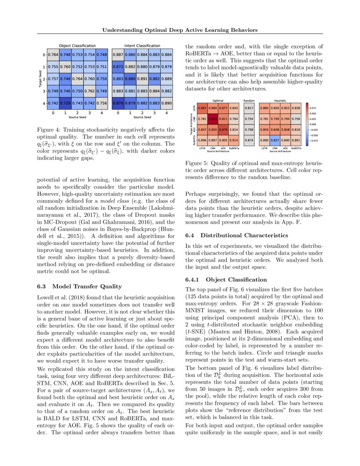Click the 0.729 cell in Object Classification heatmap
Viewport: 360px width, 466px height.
click(x=65, y=104)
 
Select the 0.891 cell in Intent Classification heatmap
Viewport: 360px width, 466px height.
click(x=142, y=79)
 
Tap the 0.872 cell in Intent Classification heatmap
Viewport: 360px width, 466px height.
click(x=118, y=67)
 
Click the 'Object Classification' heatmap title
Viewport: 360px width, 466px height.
click(x=77, y=46)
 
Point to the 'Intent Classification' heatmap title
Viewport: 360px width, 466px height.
click(x=142, y=46)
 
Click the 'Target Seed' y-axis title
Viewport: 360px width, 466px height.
click(x=39, y=79)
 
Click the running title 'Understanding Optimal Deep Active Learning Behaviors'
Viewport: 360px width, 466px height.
click(x=180, y=30)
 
